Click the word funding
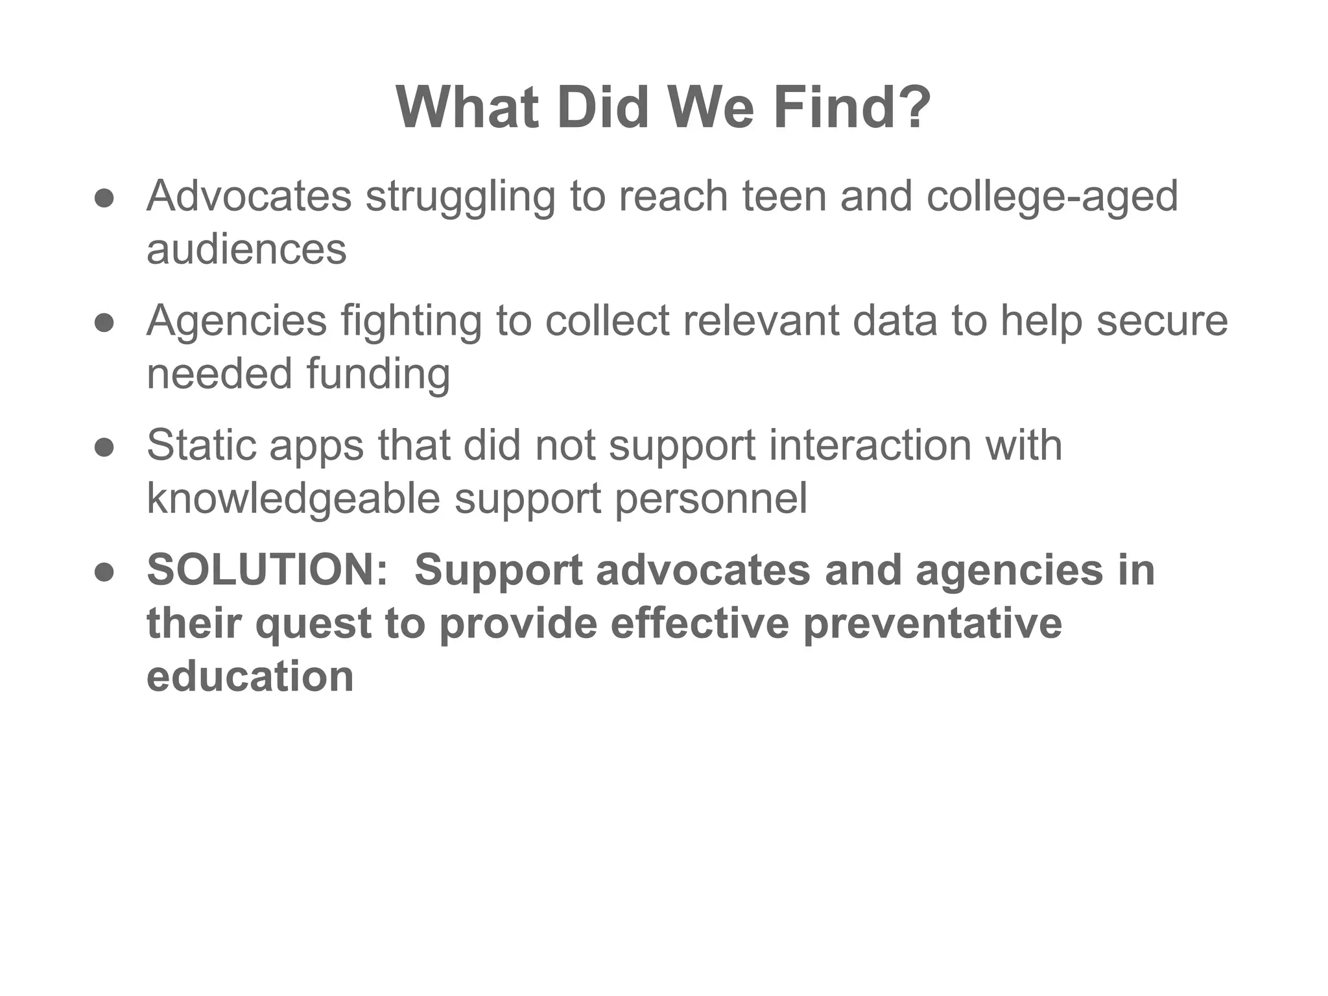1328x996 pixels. [378, 374]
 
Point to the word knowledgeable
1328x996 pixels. [294, 499]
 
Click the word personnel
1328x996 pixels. [711, 499]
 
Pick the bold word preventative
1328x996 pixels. [932, 623]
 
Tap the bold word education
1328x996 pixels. [250, 676]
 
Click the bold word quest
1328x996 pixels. [313, 623]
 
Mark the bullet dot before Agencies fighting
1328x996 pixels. [104, 323]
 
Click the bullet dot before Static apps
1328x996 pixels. [104, 447]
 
